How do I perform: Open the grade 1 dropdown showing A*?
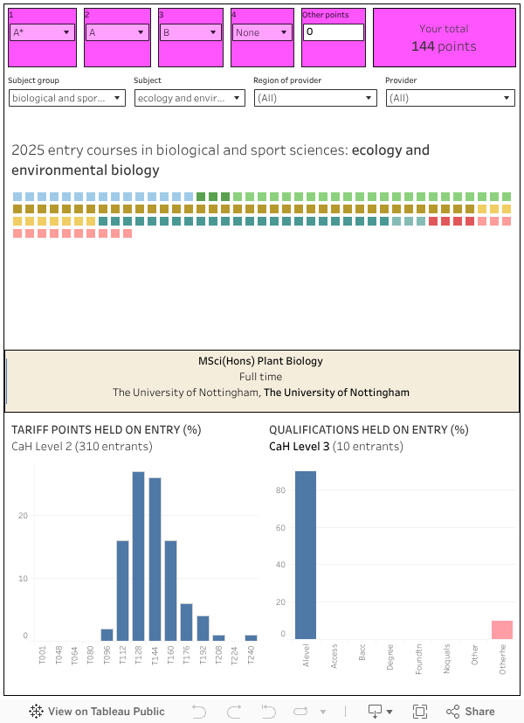[42, 32]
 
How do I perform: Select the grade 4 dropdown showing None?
[261, 32]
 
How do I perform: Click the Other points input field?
[333, 32]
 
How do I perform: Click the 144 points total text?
[444, 46]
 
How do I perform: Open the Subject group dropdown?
[67, 98]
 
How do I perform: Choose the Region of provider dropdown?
[315, 98]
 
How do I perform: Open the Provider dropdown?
[450, 98]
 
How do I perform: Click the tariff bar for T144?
[155, 560]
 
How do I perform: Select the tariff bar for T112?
[122, 590]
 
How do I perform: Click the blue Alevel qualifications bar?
[306, 555]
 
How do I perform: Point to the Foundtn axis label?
[418, 657]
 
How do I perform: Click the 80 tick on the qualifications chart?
[281, 490]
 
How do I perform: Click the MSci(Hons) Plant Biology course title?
[260, 361]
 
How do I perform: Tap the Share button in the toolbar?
[471, 712]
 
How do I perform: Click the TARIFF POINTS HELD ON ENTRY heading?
[106, 430]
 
